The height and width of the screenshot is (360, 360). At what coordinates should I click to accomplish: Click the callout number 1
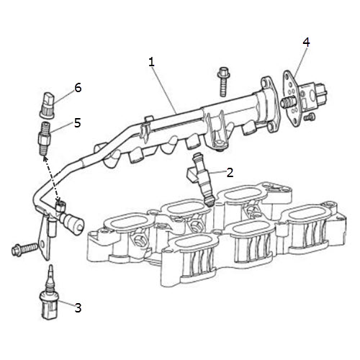(x=151, y=62)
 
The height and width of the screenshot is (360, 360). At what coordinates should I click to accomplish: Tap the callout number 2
(x=230, y=173)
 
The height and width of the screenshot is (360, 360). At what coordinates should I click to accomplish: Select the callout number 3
(x=78, y=307)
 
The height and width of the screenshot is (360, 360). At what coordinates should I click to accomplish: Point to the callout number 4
(x=306, y=42)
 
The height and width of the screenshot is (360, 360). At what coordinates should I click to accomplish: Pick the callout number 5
(x=78, y=123)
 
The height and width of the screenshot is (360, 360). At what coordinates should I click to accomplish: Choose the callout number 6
(x=78, y=88)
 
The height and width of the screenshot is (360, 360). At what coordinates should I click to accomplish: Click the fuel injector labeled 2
(x=201, y=179)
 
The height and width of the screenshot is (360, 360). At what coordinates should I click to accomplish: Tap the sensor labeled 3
(x=50, y=293)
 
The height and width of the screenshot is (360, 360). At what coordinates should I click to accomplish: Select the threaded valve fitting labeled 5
(x=45, y=138)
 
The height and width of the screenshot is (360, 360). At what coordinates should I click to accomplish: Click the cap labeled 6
(x=47, y=105)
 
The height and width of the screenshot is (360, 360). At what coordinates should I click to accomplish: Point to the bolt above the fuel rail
(x=223, y=81)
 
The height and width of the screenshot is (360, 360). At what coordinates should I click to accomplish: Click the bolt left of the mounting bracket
(x=24, y=249)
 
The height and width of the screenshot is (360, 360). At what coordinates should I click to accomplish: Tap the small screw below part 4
(x=310, y=117)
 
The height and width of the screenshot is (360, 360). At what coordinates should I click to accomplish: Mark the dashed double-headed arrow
(x=51, y=179)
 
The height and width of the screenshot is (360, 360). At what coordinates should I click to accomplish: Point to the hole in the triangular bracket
(x=43, y=245)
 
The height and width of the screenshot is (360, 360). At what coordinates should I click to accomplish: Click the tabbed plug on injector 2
(x=191, y=174)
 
